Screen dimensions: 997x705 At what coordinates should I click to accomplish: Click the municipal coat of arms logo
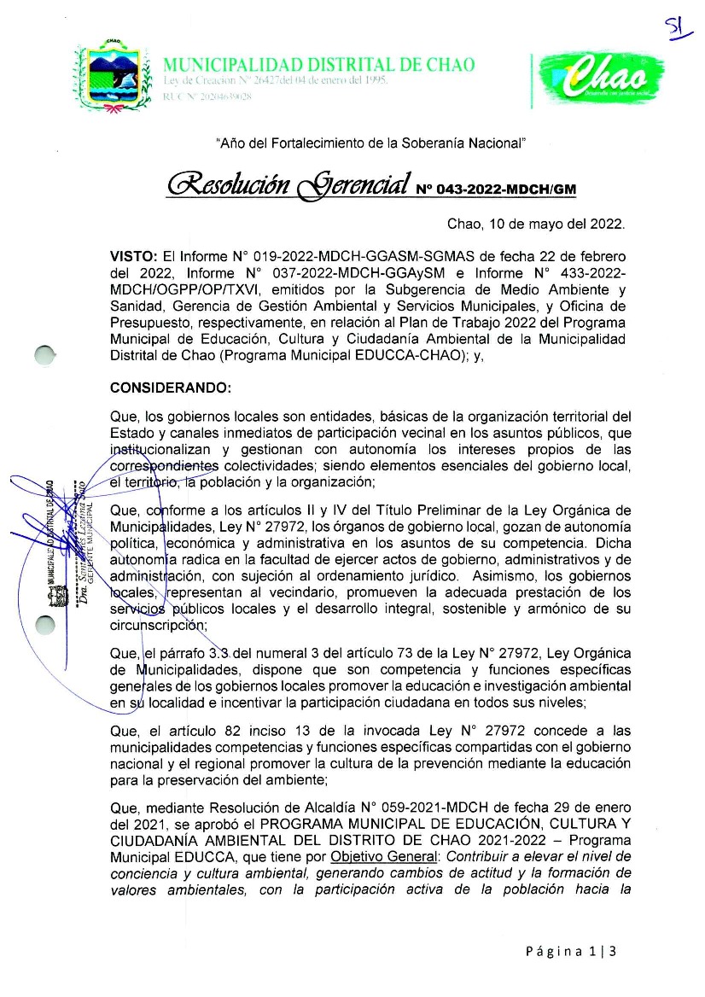(114, 76)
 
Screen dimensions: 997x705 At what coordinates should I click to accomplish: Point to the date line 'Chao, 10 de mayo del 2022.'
(536, 225)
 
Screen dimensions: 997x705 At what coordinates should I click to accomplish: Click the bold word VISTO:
(134, 255)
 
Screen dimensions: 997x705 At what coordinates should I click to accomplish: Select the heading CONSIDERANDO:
(171, 388)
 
